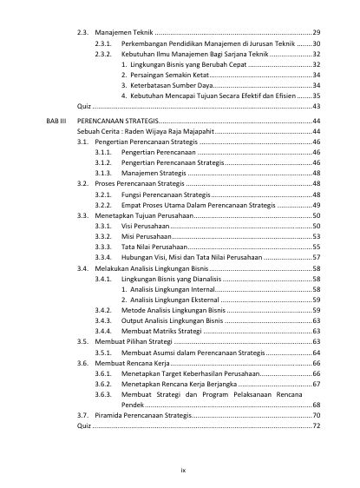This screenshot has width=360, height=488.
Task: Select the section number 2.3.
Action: click(x=83, y=31)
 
